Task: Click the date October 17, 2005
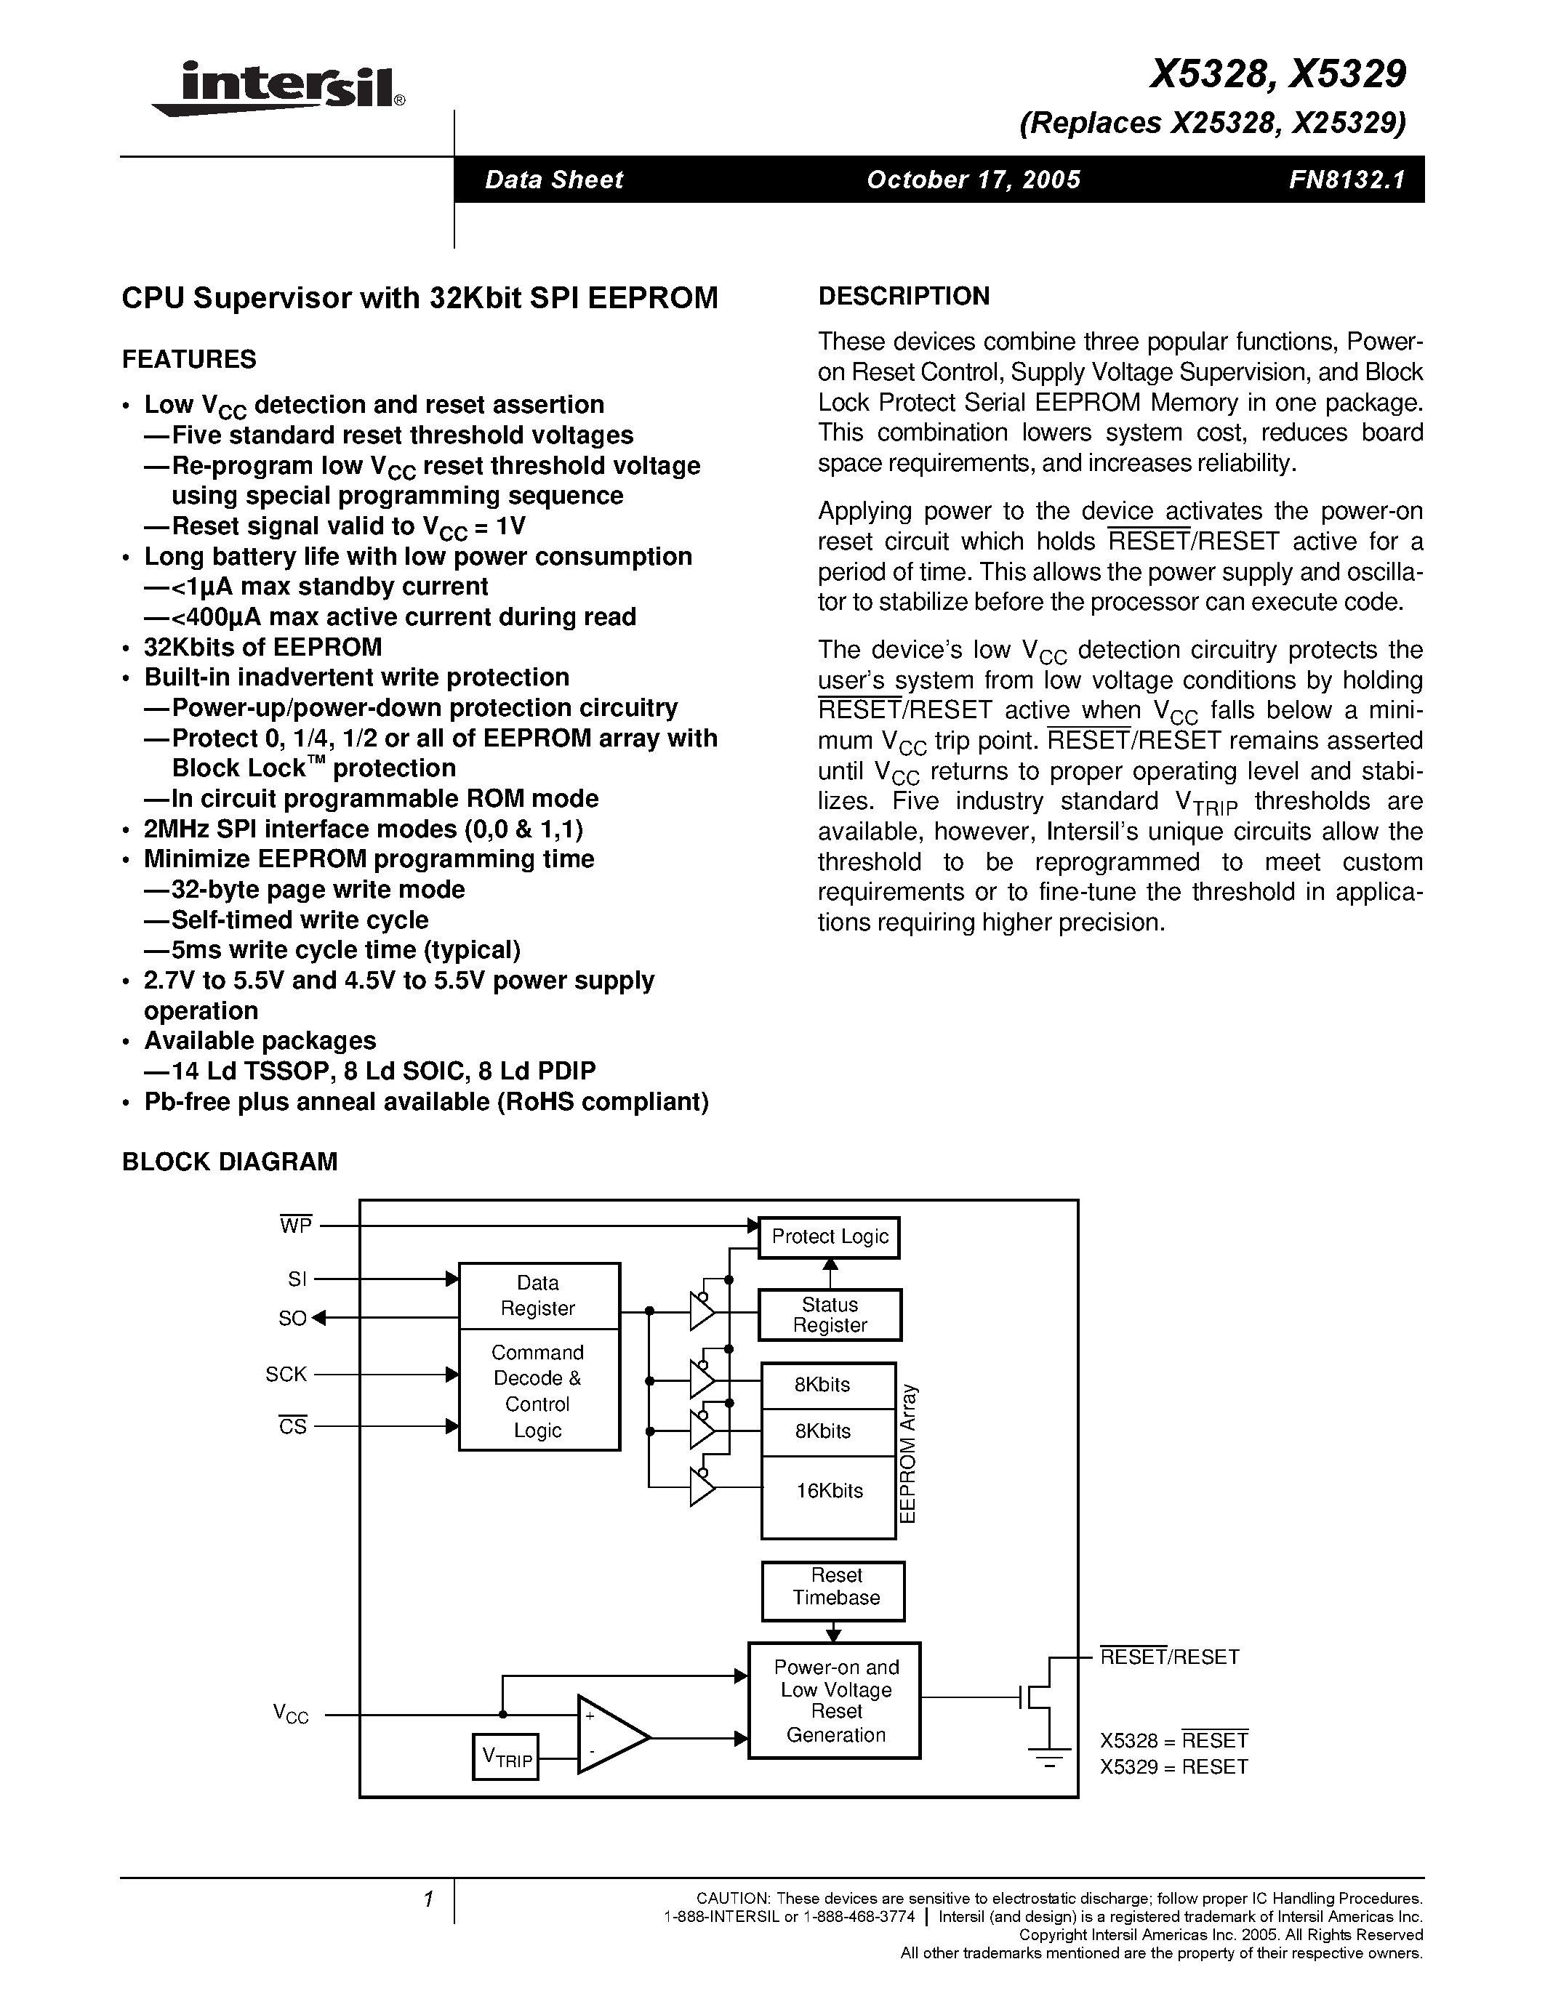point(973,180)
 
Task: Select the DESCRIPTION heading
point(904,297)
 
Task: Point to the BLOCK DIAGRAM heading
point(230,1162)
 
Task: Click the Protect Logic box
point(830,1236)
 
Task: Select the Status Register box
point(830,1314)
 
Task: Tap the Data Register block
point(538,1295)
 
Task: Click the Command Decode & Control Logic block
point(538,1391)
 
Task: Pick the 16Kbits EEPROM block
point(828,1491)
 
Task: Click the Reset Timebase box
point(834,1586)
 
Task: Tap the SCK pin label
point(286,1374)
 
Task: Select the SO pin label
point(292,1318)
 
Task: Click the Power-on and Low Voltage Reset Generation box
point(835,1701)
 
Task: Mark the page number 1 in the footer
point(428,1899)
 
